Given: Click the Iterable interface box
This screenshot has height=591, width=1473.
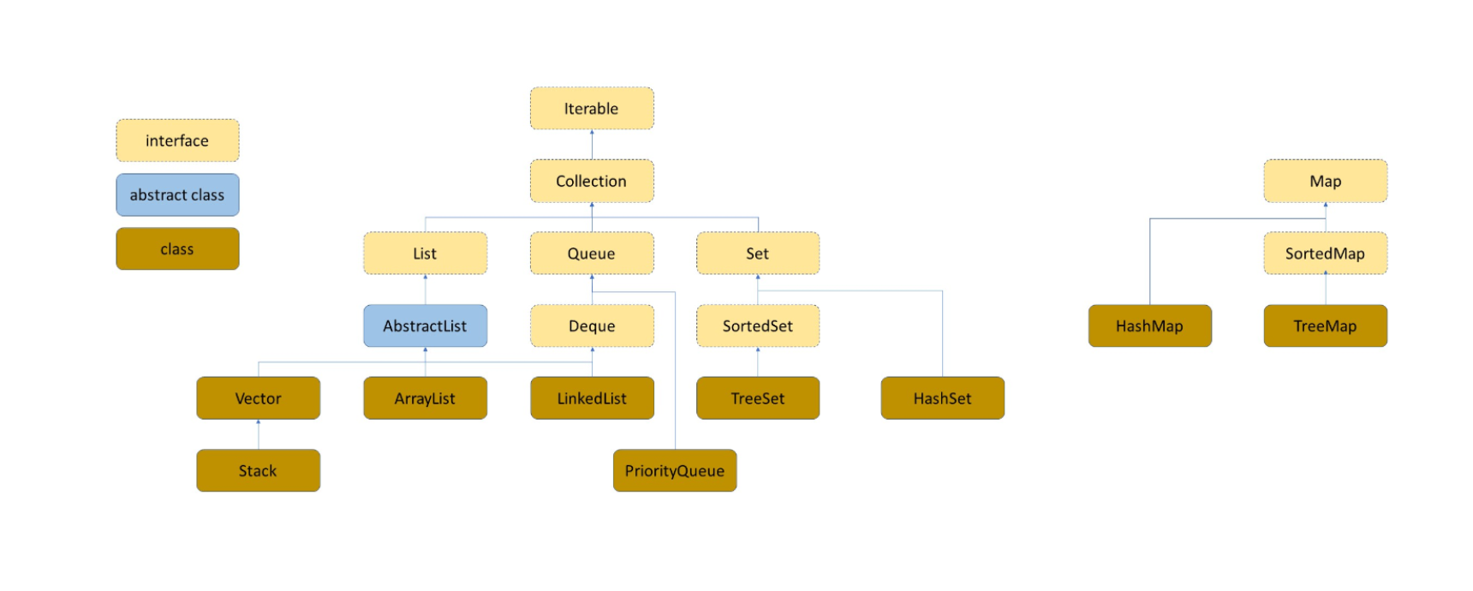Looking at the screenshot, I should pyautogui.click(x=592, y=109).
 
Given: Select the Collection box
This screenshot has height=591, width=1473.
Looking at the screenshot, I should pyautogui.click(x=592, y=181).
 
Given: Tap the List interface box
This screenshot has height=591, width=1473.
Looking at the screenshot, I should pyautogui.click(x=425, y=254).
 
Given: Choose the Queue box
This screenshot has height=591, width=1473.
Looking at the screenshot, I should pyautogui.click(x=592, y=254).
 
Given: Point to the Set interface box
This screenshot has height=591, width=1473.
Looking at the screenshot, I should pyautogui.click(x=758, y=254).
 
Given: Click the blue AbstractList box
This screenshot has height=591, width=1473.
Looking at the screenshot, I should pyautogui.click(x=425, y=325).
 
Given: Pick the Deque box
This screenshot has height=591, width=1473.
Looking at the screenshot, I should pyautogui.click(x=592, y=325).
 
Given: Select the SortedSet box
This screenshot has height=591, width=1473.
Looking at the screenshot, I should pyautogui.click(x=758, y=325).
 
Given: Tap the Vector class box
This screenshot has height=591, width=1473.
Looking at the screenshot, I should pyautogui.click(x=258, y=398).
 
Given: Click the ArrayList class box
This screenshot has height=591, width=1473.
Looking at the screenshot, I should pyautogui.click(x=425, y=398).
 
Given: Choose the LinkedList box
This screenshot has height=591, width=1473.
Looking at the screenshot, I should pyautogui.click(x=592, y=398).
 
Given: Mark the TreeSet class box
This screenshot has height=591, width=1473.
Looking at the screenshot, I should pyautogui.click(x=758, y=398).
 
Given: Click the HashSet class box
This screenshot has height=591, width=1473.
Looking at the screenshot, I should pyautogui.click(x=942, y=398).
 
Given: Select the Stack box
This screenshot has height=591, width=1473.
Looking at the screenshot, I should pyautogui.click(x=258, y=470).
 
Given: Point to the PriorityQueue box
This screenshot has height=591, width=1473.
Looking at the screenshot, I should pyautogui.click(x=675, y=470).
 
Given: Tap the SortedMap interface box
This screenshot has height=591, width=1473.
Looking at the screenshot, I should pyautogui.click(x=1325, y=254).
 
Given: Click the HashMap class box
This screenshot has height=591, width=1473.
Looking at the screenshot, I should pyautogui.click(x=1149, y=325).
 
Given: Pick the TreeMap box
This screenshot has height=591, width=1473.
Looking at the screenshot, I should pyautogui.click(x=1325, y=325).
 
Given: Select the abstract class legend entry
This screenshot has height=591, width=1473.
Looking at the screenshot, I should pyautogui.click(x=177, y=195).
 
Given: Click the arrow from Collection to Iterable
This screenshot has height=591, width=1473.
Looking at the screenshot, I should pyautogui.click(x=592, y=145).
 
